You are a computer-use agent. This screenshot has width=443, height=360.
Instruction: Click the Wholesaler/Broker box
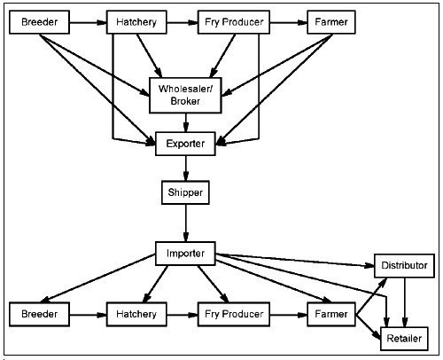point(185,96)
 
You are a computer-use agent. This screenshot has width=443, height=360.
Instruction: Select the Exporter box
point(185,144)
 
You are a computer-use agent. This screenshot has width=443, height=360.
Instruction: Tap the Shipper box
point(185,192)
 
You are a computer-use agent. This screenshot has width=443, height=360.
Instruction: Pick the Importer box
point(185,254)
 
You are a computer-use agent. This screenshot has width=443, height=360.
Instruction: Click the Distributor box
point(404,266)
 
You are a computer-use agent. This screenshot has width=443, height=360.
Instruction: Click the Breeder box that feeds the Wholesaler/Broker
point(40,22)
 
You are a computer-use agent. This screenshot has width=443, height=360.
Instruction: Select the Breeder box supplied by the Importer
point(40,314)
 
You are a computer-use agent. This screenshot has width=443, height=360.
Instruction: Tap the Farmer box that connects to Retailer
point(330,314)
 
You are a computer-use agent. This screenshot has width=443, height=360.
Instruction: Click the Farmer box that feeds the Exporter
point(330,22)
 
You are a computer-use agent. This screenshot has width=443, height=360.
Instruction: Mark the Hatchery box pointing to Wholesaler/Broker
point(136,22)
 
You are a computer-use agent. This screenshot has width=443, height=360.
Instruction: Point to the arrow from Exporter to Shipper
point(185,168)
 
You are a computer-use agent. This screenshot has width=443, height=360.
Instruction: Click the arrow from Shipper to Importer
point(185,222)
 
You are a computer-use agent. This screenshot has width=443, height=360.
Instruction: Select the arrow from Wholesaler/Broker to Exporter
point(185,122)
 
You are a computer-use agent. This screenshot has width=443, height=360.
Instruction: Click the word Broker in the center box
point(185,102)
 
